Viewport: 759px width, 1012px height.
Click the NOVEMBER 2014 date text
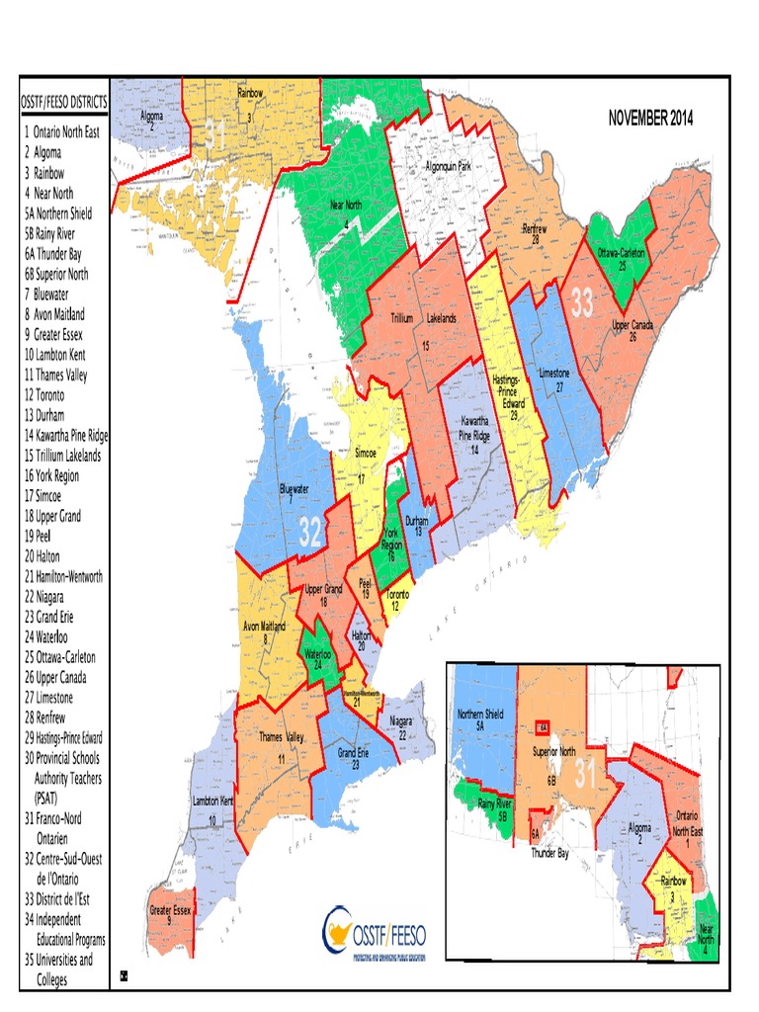650,119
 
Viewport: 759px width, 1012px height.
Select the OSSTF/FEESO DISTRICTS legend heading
63,103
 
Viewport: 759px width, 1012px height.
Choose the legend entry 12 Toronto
57,394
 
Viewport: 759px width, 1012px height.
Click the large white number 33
582,305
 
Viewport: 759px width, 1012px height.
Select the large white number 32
311,535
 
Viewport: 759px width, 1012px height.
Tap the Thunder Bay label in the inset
548,851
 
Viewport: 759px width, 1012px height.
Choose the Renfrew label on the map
535,233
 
